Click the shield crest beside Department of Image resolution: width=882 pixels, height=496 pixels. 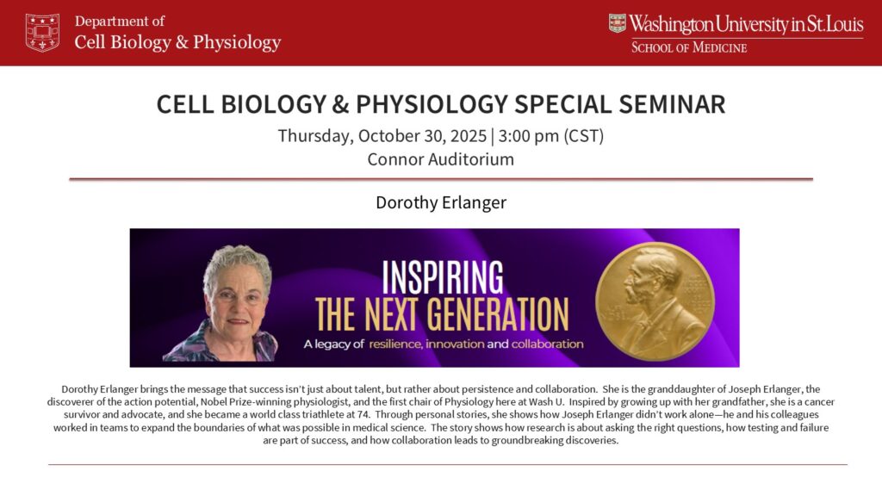coord(42,33)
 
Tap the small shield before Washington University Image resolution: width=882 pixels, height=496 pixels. coord(617,23)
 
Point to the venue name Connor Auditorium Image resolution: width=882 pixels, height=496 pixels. coord(440,159)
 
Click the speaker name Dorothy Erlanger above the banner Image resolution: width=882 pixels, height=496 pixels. coord(441,202)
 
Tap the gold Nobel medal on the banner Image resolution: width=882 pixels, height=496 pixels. coord(655,301)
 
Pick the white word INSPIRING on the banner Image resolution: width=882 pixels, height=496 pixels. coord(443,277)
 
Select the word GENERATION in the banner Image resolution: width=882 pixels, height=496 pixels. coord(497,314)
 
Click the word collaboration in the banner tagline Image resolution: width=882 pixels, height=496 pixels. coord(547,344)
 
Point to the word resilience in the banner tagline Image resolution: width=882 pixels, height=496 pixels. coord(394,344)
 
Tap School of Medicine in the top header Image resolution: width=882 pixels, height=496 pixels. coord(689,47)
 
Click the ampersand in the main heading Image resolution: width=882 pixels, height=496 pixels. coord(340,104)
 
